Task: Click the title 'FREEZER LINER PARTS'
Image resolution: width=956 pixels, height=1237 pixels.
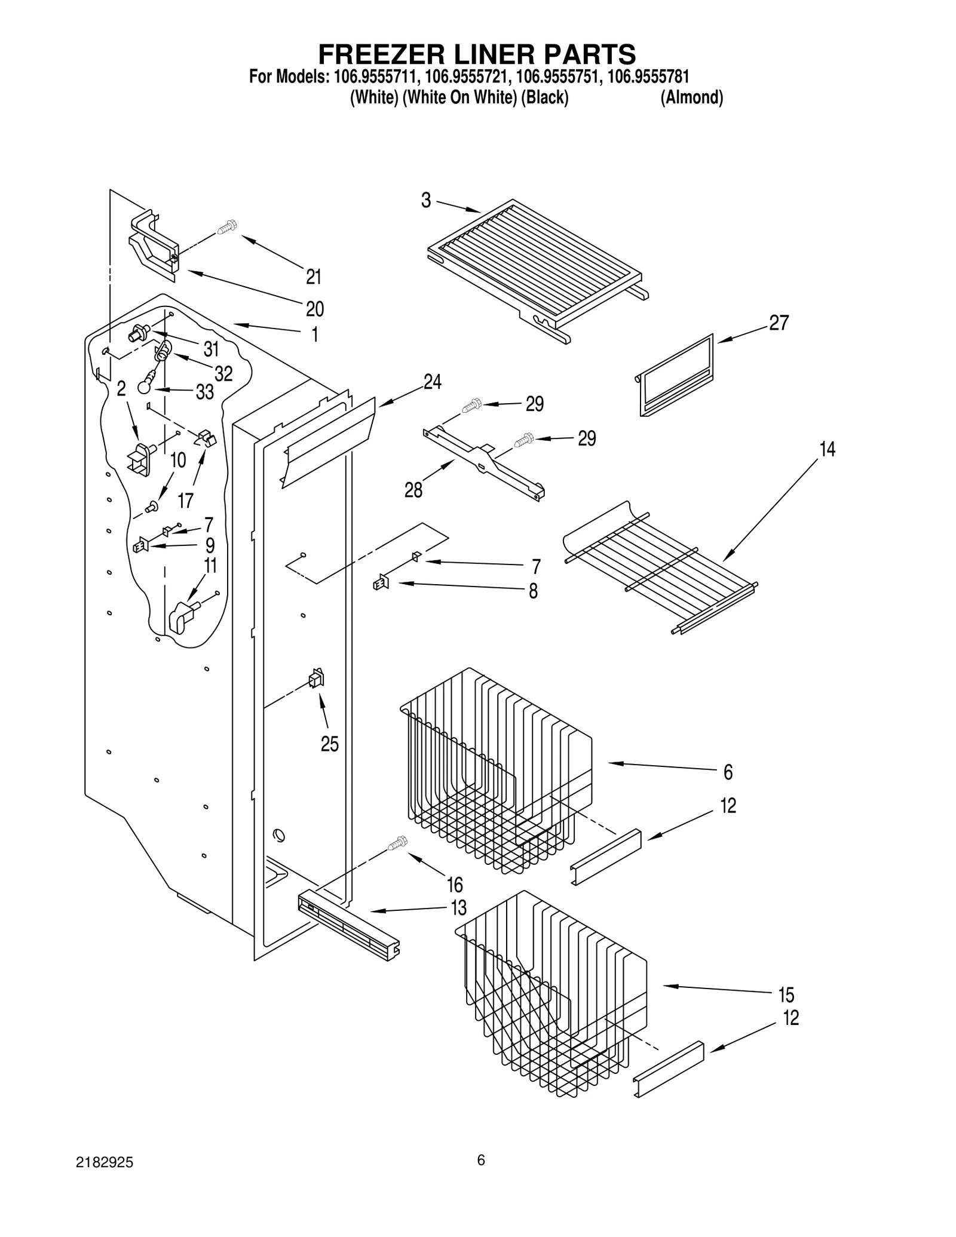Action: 476,54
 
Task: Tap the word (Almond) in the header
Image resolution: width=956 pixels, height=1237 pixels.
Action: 691,97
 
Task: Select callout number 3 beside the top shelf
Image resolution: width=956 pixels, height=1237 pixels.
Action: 425,201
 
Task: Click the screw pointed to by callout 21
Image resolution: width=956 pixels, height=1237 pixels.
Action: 227,227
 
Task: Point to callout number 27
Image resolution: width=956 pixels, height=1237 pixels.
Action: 779,323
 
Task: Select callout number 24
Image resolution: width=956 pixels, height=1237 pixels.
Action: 432,382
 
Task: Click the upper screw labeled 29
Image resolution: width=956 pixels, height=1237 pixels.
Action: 471,406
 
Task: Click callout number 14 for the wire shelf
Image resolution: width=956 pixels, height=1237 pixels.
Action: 827,449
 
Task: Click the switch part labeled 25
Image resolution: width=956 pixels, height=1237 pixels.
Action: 316,679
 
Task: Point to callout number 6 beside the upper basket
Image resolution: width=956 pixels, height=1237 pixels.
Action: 728,772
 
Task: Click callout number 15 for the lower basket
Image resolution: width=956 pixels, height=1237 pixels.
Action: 786,995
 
